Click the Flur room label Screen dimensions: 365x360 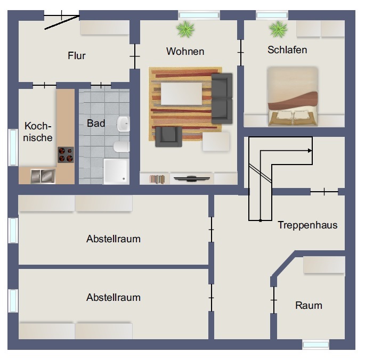(77, 55)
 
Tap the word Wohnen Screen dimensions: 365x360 (185, 52)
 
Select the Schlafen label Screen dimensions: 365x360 (287, 50)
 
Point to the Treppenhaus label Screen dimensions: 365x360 (307, 225)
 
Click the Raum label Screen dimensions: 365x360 (309, 305)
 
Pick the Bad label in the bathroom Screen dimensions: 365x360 (96, 124)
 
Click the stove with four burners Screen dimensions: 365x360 (66, 155)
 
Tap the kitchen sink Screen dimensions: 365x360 (43, 176)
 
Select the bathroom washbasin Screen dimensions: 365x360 (123, 124)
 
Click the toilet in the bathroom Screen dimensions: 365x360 (121, 146)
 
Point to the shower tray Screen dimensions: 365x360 (116, 171)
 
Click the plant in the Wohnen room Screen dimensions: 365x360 (185, 29)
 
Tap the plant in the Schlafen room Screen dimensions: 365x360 (278, 29)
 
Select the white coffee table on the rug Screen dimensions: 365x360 (181, 94)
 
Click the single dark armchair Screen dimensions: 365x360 (169, 137)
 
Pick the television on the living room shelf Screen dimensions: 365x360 (192, 179)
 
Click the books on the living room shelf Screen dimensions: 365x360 (157, 179)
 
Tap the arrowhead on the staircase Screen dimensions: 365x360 (310, 151)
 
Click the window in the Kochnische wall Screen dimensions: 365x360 (13, 148)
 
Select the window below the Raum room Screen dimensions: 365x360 (315, 345)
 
